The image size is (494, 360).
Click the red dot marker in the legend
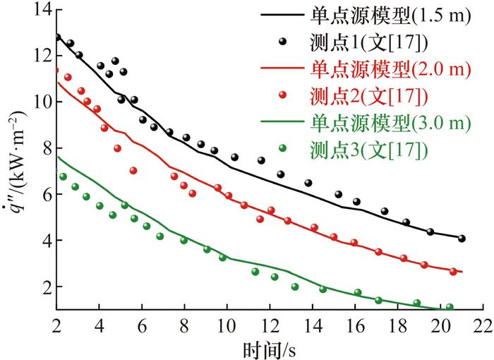point(282,95)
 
